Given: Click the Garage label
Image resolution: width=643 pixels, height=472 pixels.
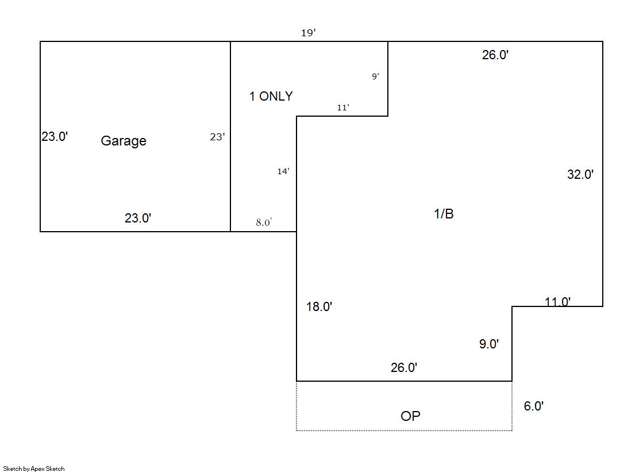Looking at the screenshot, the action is [x=124, y=141].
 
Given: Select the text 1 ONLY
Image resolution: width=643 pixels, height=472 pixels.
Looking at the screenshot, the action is [x=271, y=96].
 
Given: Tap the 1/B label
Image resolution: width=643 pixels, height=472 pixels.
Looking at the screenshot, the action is [x=444, y=213].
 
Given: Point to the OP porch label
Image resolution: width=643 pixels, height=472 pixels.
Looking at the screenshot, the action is [x=410, y=416].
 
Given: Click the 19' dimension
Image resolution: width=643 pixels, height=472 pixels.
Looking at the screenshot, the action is [x=309, y=32].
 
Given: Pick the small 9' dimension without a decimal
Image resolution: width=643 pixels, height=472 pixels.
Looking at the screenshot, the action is [x=375, y=76].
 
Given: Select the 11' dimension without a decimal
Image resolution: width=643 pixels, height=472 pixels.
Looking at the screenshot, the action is [x=343, y=107].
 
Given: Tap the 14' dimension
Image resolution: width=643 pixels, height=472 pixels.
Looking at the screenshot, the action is [x=283, y=171].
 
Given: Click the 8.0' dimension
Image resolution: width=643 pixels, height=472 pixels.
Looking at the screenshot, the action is [x=264, y=222].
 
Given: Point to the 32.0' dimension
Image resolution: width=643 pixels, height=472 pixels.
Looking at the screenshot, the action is [x=580, y=174].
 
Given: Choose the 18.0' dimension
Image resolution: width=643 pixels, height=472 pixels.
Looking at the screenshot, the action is [x=319, y=306].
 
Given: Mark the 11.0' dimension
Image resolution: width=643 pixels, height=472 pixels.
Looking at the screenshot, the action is [x=557, y=302].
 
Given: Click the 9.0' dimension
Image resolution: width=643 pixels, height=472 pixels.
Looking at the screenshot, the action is [x=489, y=344].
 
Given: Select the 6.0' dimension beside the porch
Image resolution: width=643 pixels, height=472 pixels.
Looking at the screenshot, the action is [x=533, y=405].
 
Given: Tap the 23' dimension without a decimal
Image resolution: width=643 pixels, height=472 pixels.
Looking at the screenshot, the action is [x=217, y=137].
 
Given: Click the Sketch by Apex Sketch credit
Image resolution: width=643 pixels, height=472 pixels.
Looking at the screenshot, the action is [x=34, y=469].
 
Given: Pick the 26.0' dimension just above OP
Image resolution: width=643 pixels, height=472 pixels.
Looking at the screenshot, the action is [x=404, y=367].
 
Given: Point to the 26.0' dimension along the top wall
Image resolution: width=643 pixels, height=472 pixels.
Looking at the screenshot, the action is [x=495, y=55].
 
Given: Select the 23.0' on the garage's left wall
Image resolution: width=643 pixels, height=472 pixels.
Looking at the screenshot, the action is [x=55, y=136].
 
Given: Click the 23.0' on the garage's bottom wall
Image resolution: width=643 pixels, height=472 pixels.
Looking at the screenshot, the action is [x=138, y=217].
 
